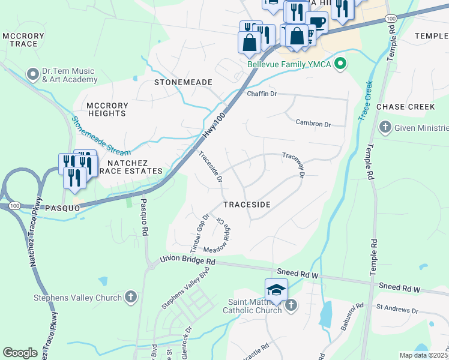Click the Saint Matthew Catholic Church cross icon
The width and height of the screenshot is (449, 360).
pyautogui.click(x=291, y=305)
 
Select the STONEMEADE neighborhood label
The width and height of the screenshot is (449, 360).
pyautogui.click(x=183, y=82)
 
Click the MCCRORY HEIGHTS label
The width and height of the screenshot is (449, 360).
pyautogui.click(x=107, y=109)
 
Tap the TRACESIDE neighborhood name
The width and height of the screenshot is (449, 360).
pyautogui.click(x=247, y=205)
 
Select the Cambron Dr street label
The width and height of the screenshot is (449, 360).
pyautogui.click(x=313, y=123)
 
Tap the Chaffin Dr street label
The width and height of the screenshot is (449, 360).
pyautogui.click(x=262, y=94)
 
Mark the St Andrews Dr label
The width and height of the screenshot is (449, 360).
pyautogui.click(x=397, y=311)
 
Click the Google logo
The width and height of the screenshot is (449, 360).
pyautogui.click(x=20, y=353)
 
